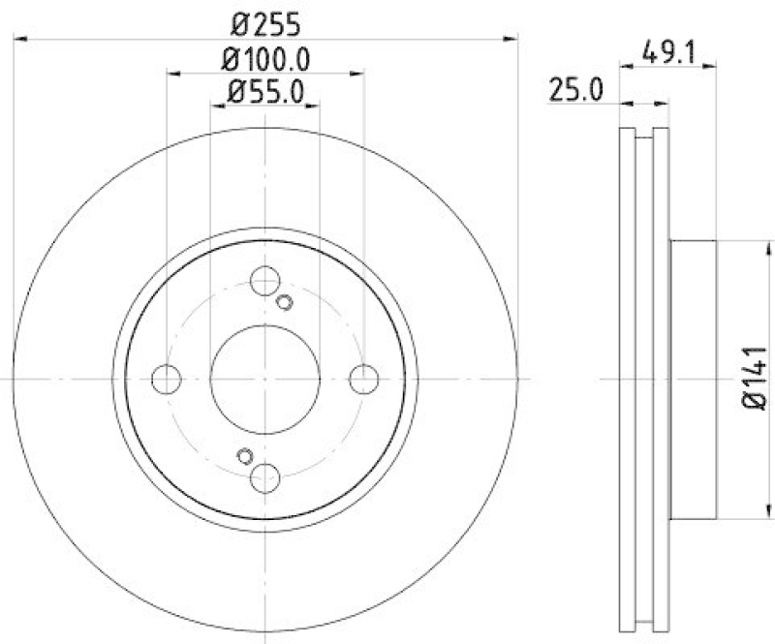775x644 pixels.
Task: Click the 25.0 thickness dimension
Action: click(578, 91)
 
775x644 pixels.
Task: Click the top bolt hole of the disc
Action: click(264, 282)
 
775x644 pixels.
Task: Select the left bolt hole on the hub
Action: click(167, 380)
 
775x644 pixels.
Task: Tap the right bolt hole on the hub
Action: click(363, 380)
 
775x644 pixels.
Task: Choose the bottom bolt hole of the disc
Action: click(264, 477)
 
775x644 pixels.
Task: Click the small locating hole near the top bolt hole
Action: click(284, 303)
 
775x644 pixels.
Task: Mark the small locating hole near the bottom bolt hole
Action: click(244, 455)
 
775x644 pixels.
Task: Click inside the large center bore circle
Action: click(264, 380)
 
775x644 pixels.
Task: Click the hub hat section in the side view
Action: click(693, 380)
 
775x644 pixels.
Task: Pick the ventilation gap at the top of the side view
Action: click(643, 136)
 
